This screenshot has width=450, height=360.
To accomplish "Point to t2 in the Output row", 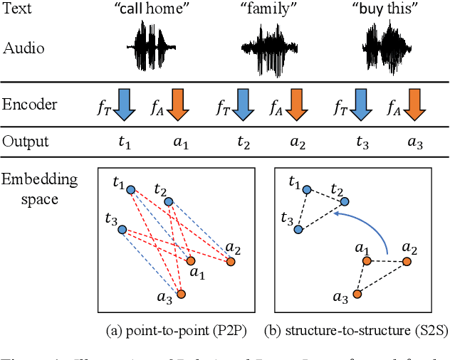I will [x=244, y=142].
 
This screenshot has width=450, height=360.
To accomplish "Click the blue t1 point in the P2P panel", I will [x=130, y=190].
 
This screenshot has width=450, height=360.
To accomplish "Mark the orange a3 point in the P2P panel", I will [x=181, y=294].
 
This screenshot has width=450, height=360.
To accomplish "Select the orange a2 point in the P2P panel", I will [x=231, y=262].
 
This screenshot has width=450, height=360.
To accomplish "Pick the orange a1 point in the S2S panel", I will [x=367, y=261].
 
